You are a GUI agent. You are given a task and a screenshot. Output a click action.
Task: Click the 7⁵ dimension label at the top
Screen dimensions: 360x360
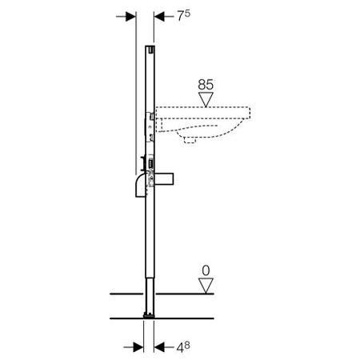pos(184,16)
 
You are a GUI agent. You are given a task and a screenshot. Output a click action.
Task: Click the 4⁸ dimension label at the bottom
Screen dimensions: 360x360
pos(183,347)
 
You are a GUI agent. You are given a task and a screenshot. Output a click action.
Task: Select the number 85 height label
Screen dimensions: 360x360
pos(206,85)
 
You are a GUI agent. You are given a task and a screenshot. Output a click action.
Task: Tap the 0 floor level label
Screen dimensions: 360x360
pos(206,270)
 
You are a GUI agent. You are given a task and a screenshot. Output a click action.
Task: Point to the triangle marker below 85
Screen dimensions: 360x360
pos(206,99)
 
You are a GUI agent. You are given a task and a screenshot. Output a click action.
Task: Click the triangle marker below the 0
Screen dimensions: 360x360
pos(206,286)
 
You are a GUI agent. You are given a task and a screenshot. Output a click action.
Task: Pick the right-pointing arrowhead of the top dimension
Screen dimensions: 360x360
pos(131,17)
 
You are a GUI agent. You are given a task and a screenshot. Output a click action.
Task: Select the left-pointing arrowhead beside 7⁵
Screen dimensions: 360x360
pos(159,17)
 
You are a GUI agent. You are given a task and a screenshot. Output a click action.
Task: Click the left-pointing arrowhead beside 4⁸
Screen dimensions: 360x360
pos(159,347)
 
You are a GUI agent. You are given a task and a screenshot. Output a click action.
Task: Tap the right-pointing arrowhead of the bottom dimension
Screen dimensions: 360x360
pos(138,347)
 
